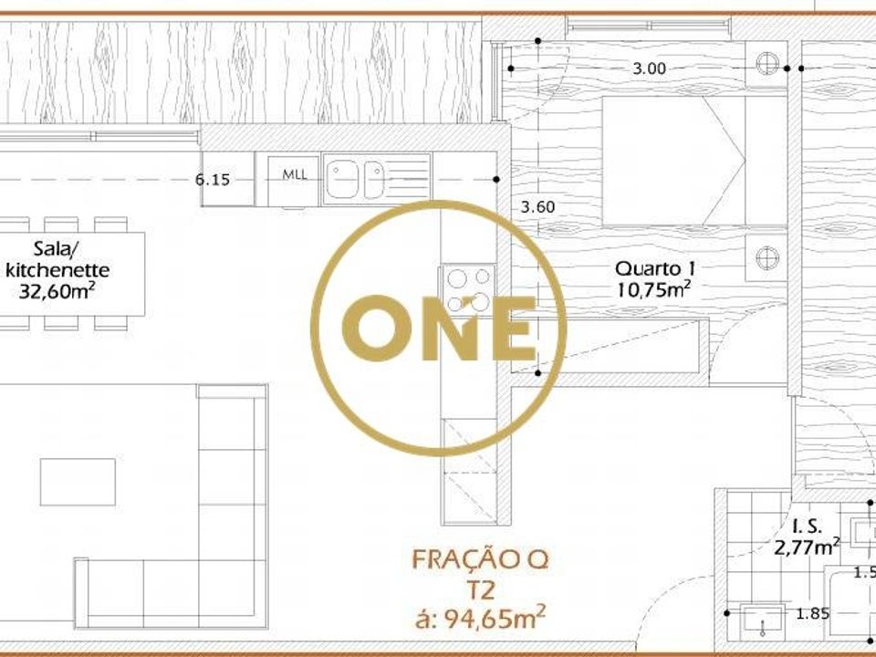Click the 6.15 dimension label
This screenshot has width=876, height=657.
click(x=213, y=180)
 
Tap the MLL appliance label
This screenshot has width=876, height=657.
click(x=295, y=174)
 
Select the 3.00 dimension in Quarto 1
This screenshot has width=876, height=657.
click(x=649, y=68)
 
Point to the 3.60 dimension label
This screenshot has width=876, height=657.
click(x=538, y=207)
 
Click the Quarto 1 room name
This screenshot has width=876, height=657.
click(x=655, y=268)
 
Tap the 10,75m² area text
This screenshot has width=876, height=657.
click(x=654, y=289)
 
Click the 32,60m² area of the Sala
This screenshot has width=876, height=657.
click(x=56, y=290)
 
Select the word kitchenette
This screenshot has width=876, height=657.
click(x=57, y=270)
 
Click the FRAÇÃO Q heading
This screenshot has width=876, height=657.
click(x=481, y=559)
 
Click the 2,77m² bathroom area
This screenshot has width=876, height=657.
click(x=807, y=547)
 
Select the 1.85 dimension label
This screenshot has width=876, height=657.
click(x=813, y=613)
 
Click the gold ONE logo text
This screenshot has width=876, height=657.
click(x=439, y=328)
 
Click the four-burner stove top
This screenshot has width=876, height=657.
click(x=468, y=290)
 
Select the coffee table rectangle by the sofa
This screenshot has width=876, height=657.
click(x=78, y=482)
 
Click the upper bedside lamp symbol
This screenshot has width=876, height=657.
click(x=767, y=63)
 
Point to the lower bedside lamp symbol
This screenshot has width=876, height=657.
click(x=767, y=258)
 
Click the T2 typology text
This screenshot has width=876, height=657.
click(x=481, y=590)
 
